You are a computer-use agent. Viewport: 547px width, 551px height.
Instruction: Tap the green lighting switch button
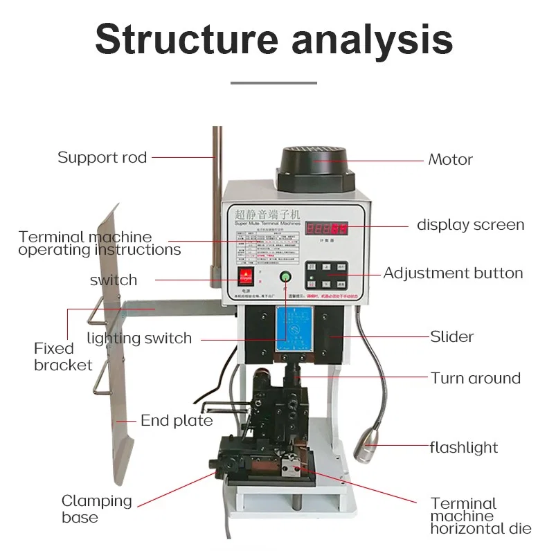pyautogui.click(x=285, y=278)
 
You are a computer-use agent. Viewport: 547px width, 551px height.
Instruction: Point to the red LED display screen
pyautogui.click(x=328, y=228)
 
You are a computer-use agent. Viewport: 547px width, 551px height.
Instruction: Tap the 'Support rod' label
pyautogui.click(x=102, y=157)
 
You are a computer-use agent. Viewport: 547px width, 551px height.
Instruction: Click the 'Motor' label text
pyautogui.click(x=450, y=159)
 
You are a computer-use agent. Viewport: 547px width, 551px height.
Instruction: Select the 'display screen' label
pyautogui.click(x=470, y=225)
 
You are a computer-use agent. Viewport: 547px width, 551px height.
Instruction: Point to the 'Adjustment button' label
pyautogui.click(x=453, y=273)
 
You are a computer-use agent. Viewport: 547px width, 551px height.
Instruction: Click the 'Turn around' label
pyautogui.click(x=475, y=378)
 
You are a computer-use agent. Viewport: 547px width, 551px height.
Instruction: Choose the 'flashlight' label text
pyautogui.click(x=463, y=447)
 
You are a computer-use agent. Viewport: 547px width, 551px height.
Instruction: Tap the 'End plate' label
pyautogui.click(x=177, y=420)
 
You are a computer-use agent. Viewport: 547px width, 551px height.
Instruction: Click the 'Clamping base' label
pyautogui.click(x=96, y=509)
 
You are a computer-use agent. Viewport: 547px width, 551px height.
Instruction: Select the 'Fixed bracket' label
pyautogui.click(x=63, y=356)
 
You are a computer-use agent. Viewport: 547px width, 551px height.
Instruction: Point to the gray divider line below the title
pyautogui.click(x=273, y=82)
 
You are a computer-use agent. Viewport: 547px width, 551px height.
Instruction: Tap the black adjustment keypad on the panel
pyautogui.click(x=327, y=275)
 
